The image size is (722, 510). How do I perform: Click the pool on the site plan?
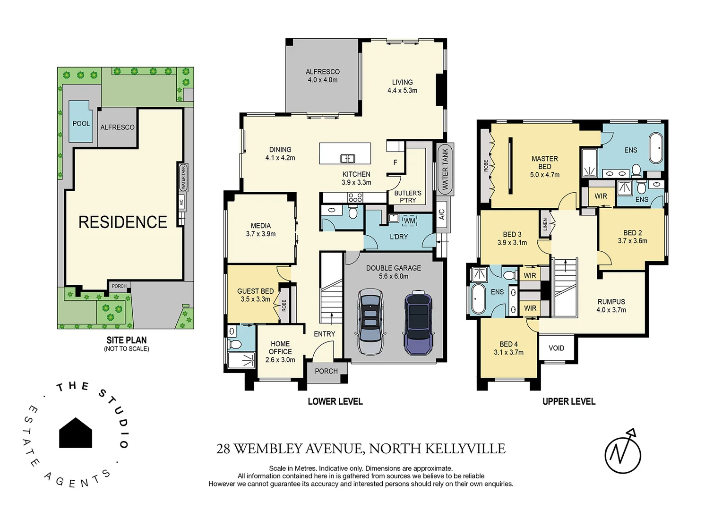80,121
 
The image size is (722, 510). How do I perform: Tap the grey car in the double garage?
371,321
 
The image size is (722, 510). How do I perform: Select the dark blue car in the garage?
418,323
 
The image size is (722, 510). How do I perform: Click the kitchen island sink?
348,158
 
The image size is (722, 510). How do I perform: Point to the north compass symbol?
623,452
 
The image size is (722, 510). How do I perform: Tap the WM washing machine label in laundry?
409,221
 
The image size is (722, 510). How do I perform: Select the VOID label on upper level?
556,348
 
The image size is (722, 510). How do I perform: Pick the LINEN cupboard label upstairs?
545,224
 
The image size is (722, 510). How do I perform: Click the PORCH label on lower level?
326,371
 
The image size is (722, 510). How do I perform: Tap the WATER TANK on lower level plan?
445,169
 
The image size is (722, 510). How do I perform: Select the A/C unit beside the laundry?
441,214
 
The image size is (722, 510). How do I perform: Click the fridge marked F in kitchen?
395,162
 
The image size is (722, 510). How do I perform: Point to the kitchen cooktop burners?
355,197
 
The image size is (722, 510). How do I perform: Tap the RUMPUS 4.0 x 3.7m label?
611,306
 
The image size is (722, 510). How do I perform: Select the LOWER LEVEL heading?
335,401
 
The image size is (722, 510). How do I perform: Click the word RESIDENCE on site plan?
123,222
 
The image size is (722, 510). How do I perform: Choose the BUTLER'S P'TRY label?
408,196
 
